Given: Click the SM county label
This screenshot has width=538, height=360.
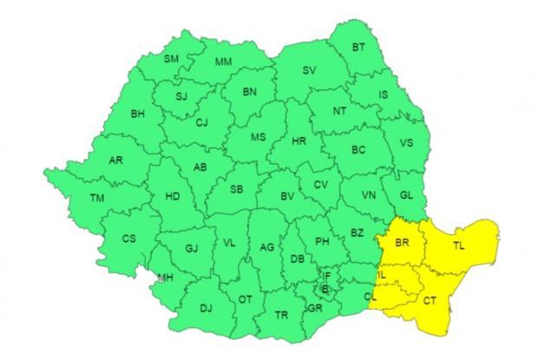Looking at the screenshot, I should click(171, 59).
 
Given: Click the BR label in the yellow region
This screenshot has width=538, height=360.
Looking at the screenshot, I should click(401, 245).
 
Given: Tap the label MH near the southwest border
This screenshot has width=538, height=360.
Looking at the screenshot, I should click(163, 278).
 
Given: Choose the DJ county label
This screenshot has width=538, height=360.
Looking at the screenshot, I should click(206, 307).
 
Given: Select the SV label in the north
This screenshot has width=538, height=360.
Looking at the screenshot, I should click(307, 71).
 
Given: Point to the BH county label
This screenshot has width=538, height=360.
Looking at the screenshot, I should click(137, 113).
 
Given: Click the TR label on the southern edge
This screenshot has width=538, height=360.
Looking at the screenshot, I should click(280, 315).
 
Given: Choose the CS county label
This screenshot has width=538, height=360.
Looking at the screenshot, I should click(128, 239).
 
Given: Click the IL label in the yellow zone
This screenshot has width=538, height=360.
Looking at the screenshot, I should click(382, 275).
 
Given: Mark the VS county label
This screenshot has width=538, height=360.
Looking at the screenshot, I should click(405, 143).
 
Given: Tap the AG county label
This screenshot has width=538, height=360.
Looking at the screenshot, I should click(267, 249).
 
